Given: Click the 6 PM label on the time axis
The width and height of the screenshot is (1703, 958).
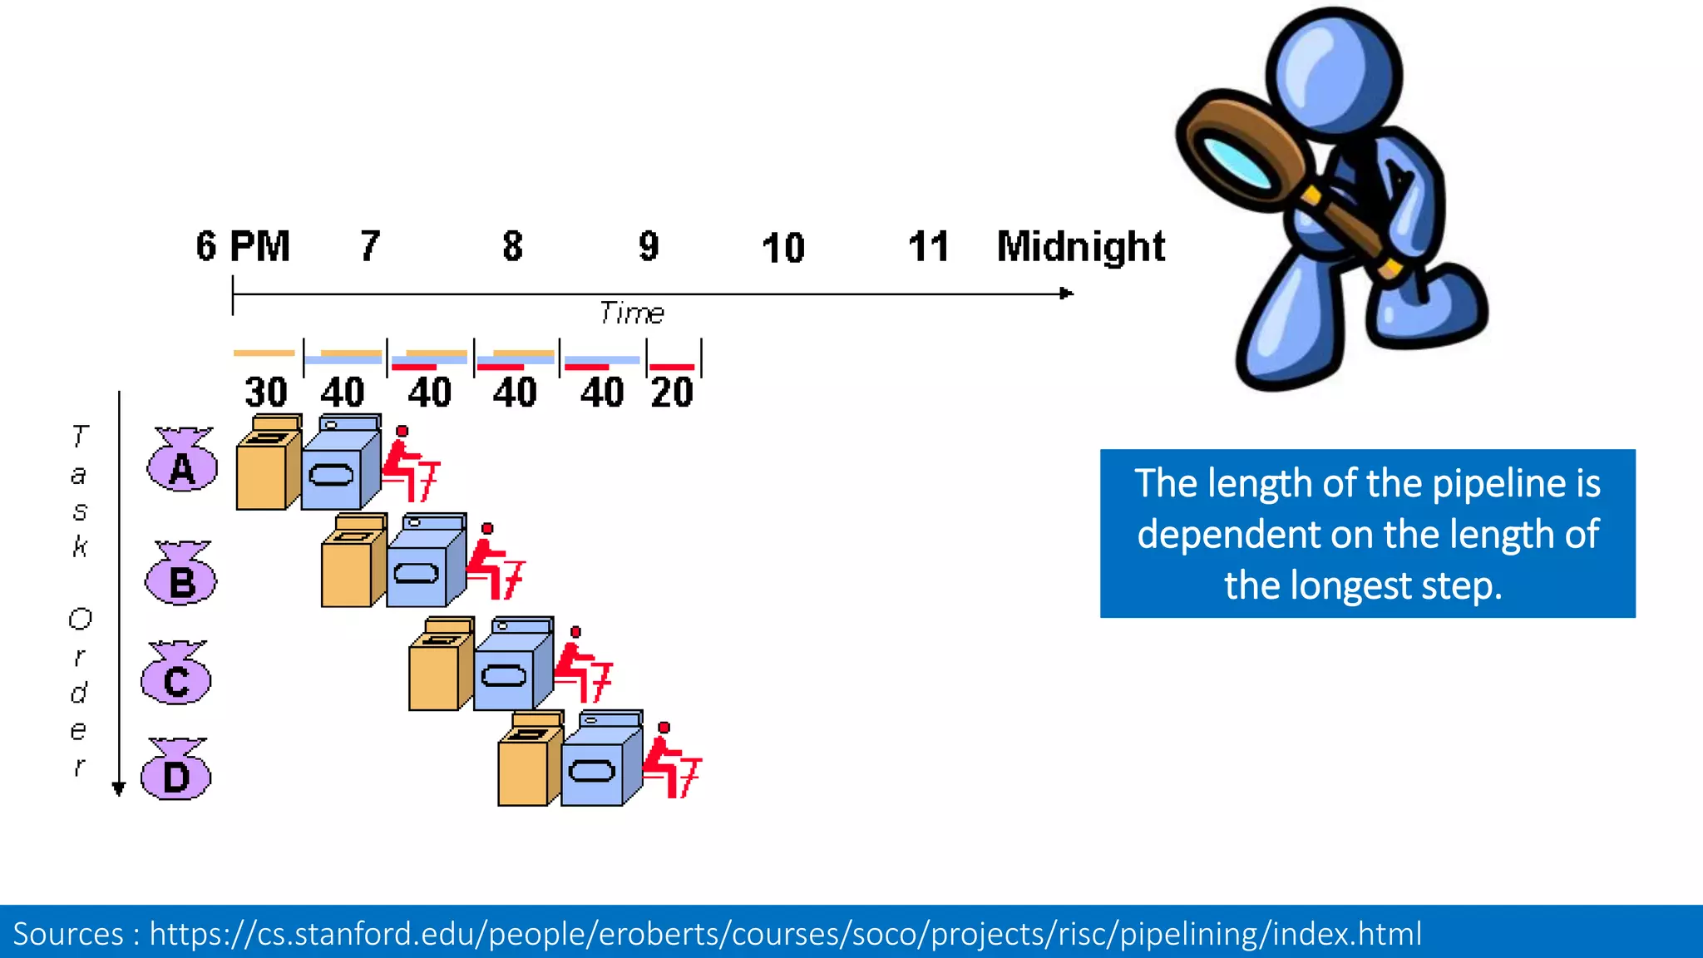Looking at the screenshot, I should (243, 246).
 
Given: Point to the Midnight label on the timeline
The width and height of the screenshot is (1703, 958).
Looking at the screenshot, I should (1080, 247).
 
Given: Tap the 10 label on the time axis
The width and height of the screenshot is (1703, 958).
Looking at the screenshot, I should (782, 248).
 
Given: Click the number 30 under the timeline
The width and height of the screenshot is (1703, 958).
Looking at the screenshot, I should (265, 393).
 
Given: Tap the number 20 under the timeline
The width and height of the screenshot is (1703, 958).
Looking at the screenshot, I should (671, 393).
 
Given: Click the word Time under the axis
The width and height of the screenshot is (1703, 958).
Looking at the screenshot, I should (631, 314).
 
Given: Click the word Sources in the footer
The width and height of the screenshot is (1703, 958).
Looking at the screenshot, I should (68, 934).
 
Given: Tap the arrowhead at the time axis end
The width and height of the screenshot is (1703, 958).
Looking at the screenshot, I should (1066, 294).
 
